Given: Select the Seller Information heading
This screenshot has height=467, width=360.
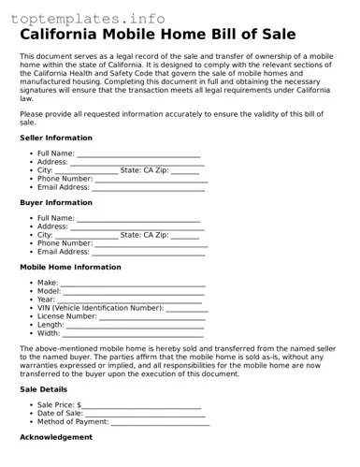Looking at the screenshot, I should (56, 138).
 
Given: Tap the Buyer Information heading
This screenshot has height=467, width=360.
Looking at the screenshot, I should (56, 202).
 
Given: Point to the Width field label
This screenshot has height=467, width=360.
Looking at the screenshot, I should (49, 332).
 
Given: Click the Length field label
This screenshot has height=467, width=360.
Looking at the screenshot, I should (50, 324).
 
